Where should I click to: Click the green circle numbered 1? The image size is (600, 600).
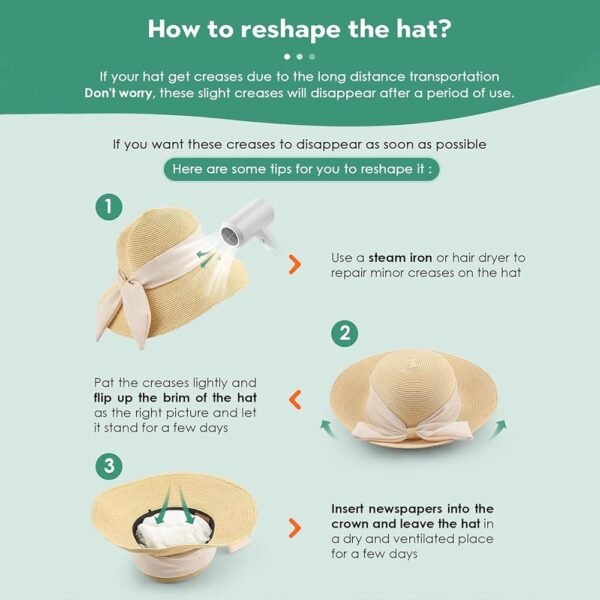(x=109, y=207)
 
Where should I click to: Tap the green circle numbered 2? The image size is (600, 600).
(x=344, y=334)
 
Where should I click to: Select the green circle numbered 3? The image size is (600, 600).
(x=109, y=466)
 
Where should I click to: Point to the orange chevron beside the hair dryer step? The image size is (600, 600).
(x=295, y=264)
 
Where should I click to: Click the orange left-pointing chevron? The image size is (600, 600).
(x=295, y=400)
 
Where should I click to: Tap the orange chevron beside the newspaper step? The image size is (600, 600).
(x=295, y=528)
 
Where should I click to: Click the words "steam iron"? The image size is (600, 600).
(x=400, y=258)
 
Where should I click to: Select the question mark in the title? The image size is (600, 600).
(x=444, y=29)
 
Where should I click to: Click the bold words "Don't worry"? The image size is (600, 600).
(x=118, y=93)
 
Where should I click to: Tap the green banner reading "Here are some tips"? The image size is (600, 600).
(x=302, y=169)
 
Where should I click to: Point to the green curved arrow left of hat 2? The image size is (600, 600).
(x=328, y=428)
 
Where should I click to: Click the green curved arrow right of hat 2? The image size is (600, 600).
(x=499, y=429)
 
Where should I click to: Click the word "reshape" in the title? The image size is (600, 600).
(x=290, y=29)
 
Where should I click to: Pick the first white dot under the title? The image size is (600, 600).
(x=287, y=57)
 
